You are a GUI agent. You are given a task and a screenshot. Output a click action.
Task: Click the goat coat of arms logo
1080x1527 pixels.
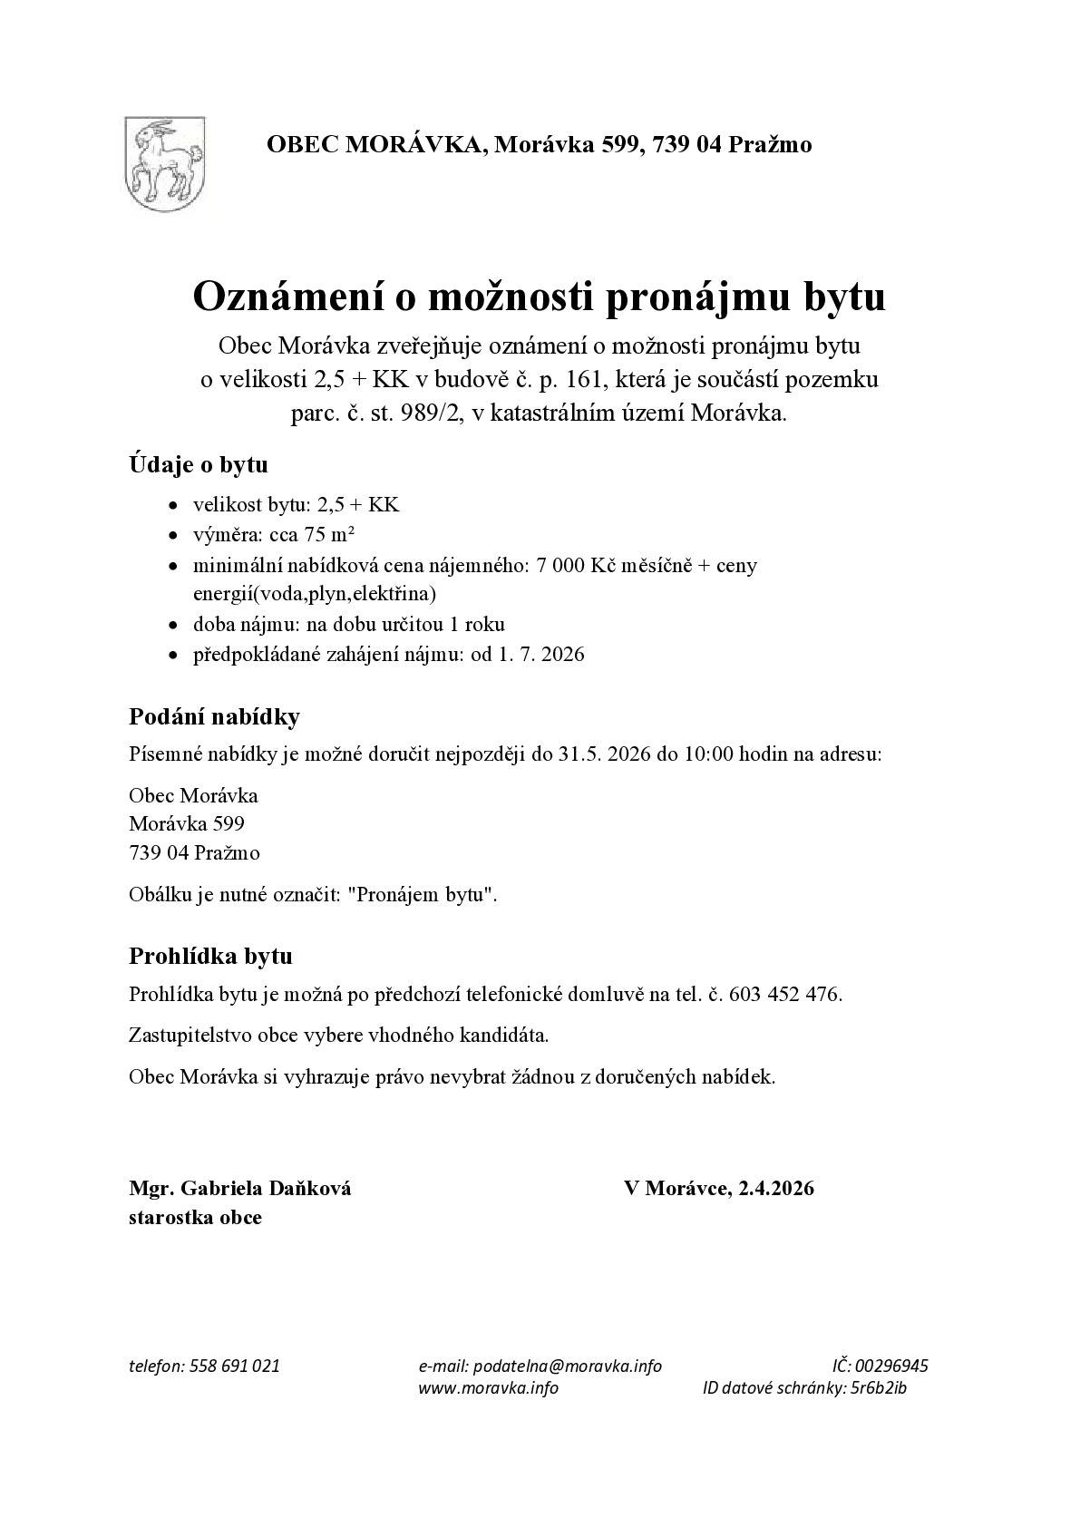tap(164, 161)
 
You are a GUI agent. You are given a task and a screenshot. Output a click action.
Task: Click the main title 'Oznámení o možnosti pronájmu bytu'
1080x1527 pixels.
tap(539, 297)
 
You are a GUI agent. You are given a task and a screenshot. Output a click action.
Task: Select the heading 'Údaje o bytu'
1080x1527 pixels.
tap(198, 465)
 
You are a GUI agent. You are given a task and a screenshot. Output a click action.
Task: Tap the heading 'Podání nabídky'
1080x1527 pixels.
tap(214, 716)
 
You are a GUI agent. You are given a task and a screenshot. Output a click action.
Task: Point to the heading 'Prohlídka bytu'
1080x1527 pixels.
tap(210, 956)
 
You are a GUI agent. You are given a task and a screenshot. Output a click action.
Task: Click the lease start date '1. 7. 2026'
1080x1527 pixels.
tap(540, 654)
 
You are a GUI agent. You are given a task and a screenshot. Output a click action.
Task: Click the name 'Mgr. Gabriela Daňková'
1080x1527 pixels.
tap(239, 1188)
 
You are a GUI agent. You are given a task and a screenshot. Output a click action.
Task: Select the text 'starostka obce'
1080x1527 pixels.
tap(195, 1217)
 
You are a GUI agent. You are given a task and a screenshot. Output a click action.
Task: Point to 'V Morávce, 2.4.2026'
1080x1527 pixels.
tap(718, 1188)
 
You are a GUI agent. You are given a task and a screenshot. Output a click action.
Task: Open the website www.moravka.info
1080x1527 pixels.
tap(488, 1388)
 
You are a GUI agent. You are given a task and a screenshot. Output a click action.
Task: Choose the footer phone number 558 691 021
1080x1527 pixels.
tap(235, 1366)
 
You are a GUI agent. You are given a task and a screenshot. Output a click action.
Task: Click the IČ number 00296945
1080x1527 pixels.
tap(891, 1366)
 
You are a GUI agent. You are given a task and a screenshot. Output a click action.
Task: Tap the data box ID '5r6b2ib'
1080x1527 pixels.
tap(879, 1388)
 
